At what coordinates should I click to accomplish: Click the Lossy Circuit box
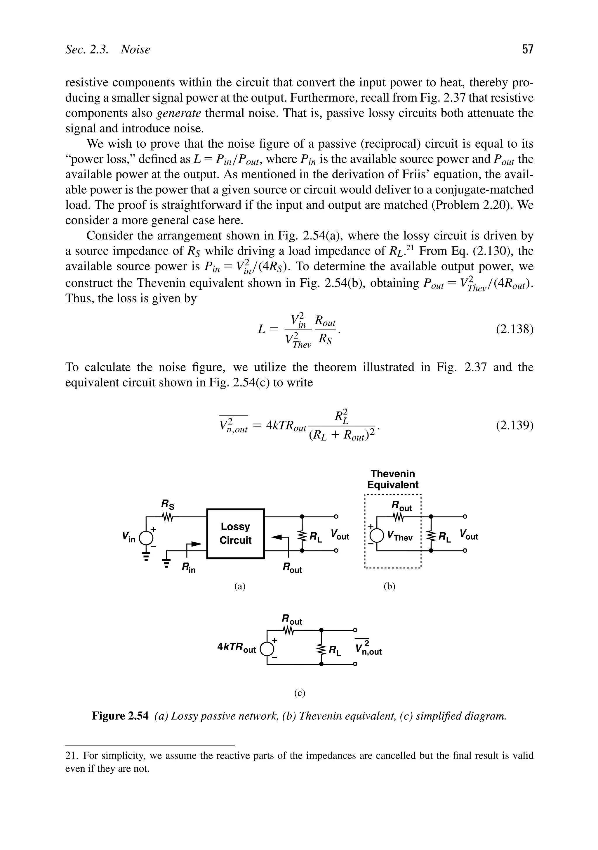tap(235, 533)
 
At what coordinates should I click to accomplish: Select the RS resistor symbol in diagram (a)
tap(168, 516)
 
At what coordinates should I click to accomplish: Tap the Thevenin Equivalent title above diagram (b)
tap(393, 479)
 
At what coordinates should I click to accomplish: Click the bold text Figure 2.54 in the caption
tap(120, 716)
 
